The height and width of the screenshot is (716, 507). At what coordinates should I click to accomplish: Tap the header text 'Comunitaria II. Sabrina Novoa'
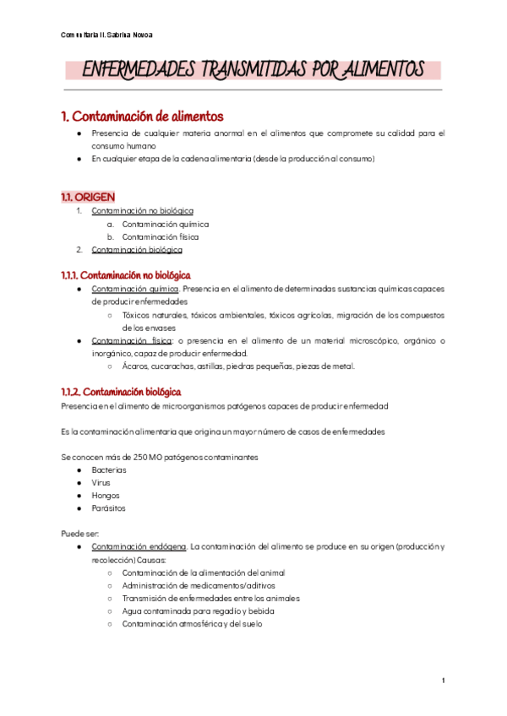tap(107, 35)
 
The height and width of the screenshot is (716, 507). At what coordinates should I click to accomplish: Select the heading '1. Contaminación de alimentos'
tap(143, 116)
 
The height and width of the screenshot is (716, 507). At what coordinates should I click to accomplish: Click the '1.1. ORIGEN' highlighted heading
tap(88, 197)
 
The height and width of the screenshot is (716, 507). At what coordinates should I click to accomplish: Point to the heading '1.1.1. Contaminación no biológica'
tap(126, 275)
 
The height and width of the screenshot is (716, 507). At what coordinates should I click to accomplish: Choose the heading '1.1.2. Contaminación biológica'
tap(120, 393)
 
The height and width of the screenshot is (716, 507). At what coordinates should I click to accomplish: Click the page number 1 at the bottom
tap(443, 681)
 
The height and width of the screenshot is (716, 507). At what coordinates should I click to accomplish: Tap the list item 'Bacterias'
tap(109, 469)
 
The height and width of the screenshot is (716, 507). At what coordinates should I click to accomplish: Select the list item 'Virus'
tap(101, 482)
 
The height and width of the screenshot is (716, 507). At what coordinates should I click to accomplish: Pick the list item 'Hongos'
tap(106, 496)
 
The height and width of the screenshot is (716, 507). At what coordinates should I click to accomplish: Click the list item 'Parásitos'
tap(109, 508)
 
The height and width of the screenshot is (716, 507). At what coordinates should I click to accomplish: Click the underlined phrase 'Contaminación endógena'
tap(139, 546)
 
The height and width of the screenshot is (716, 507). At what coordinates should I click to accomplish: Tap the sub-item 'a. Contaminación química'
tap(165, 225)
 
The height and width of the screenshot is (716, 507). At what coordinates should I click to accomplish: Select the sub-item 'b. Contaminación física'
tap(161, 237)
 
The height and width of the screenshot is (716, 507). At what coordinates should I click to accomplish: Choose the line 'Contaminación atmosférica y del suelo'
tap(192, 624)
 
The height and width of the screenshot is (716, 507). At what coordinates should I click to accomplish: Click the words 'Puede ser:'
tap(80, 534)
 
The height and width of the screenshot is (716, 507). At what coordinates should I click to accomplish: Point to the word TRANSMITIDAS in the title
tap(252, 69)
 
